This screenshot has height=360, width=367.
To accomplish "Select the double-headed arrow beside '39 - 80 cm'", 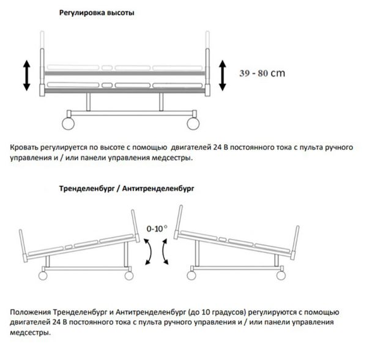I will coord(223,74).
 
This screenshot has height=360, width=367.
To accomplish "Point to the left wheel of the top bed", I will coord(69,122).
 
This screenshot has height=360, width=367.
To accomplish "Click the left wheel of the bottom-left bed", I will coord(45,274).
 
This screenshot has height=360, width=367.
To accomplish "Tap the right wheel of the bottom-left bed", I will coord(128,274).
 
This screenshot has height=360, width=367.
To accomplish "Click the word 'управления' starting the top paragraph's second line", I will coord(32,159).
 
